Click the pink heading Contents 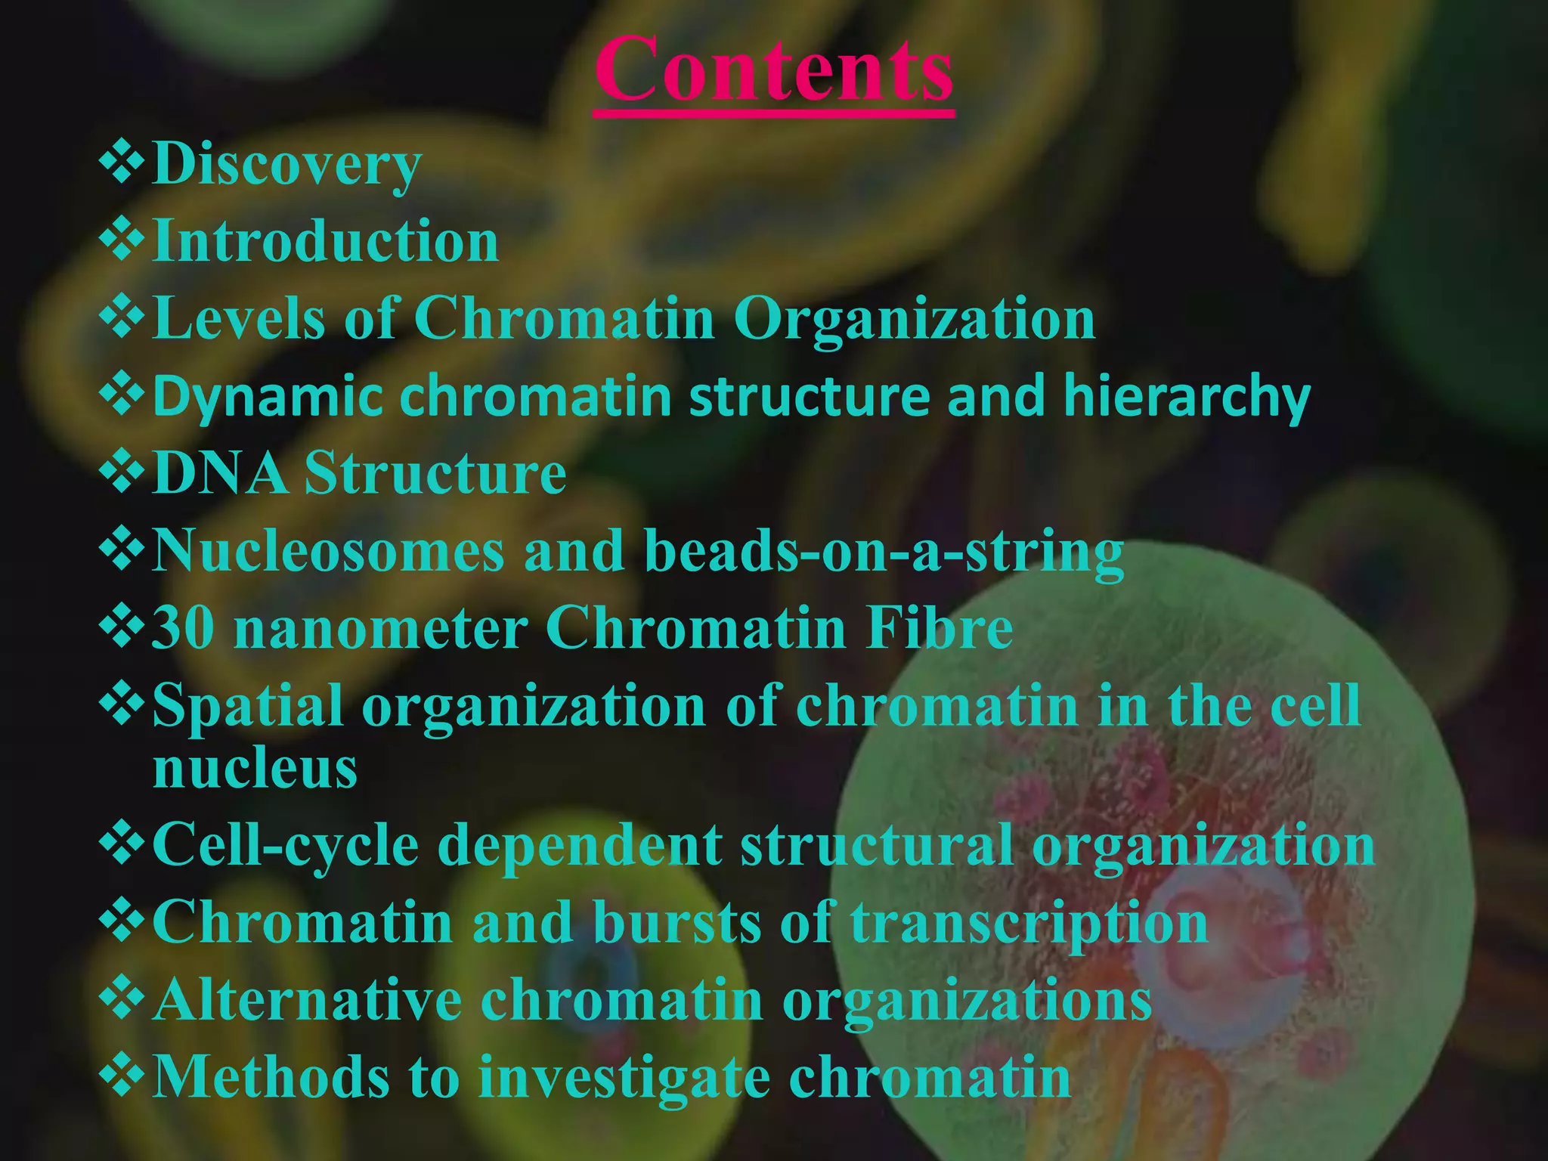point(773,70)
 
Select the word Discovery point(286,164)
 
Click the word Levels point(239,318)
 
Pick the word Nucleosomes point(328,550)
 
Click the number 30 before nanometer point(183,628)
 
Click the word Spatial point(248,707)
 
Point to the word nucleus point(255,769)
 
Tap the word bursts point(677,923)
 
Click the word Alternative point(308,1000)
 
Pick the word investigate point(624,1079)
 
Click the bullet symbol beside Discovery point(121,162)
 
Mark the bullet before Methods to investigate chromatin point(121,1075)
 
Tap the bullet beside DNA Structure point(121,471)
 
